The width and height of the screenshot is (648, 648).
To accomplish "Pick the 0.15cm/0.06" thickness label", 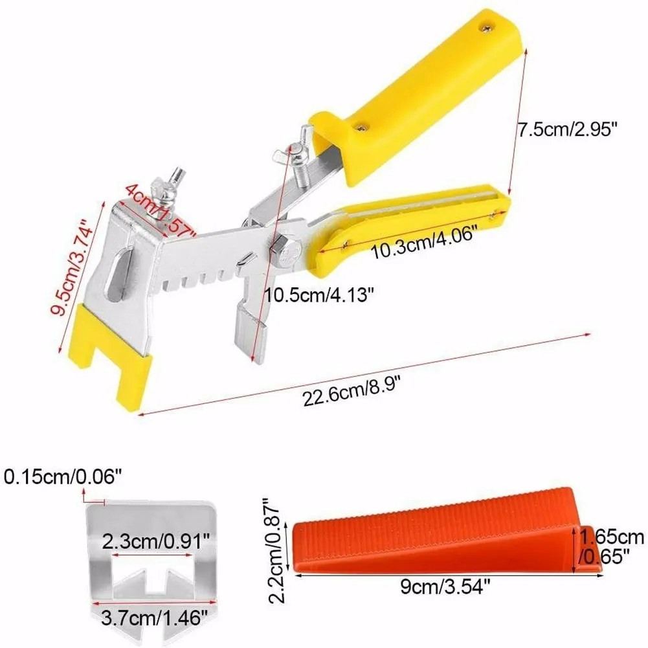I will [x=63, y=478].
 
